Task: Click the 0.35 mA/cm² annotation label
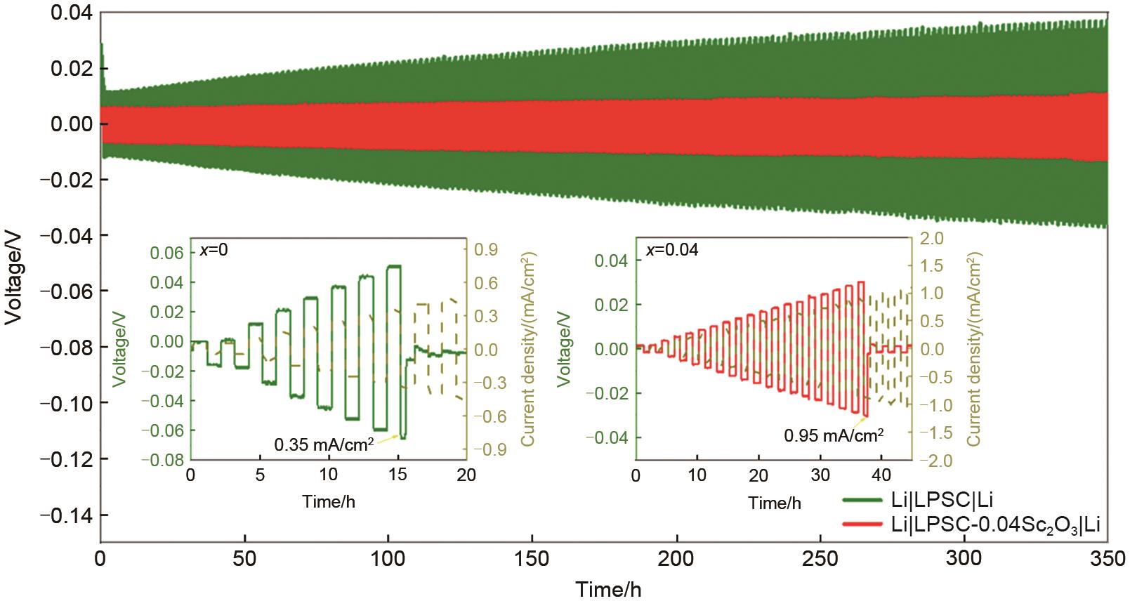[324, 444]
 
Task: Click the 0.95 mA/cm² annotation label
[834, 435]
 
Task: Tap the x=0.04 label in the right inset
[672, 250]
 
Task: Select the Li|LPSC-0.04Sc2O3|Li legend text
[995, 523]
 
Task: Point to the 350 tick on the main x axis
[1107, 562]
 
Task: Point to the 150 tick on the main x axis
[532, 562]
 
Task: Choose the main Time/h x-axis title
[609, 588]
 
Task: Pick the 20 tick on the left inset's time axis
[466, 475]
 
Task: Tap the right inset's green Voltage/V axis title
[563, 350]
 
